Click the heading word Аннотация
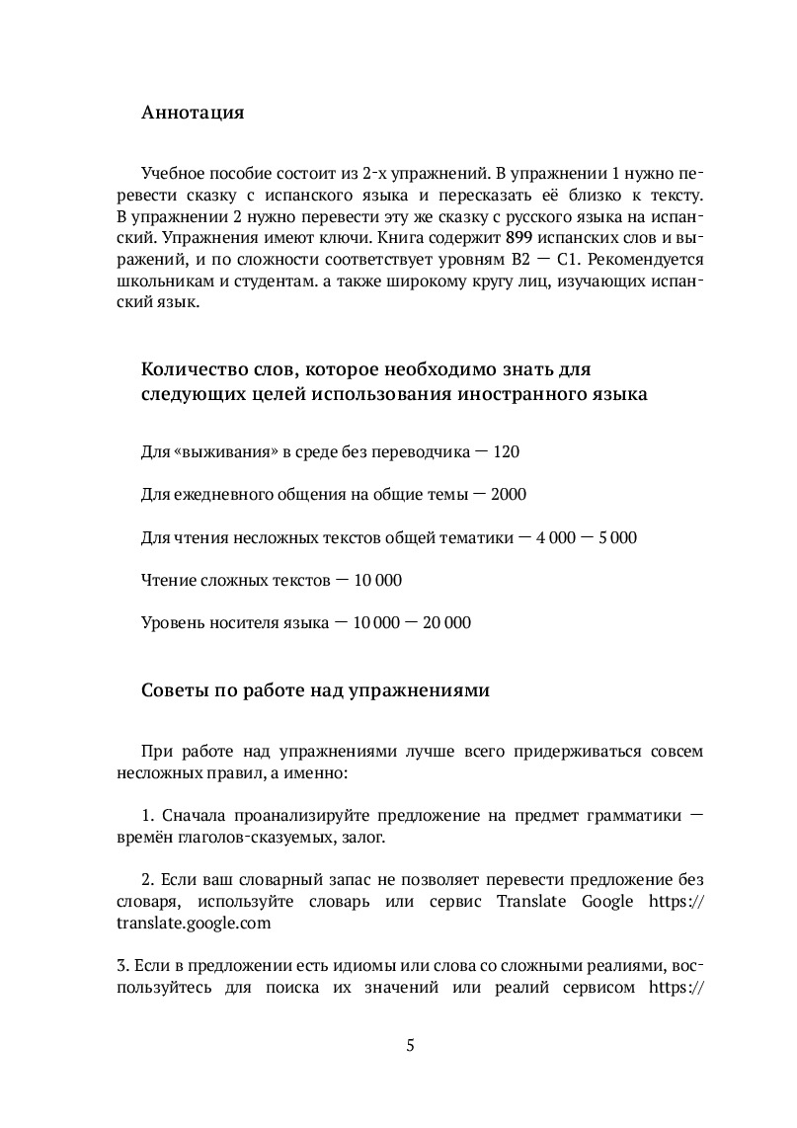(193, 112)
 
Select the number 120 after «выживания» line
(506, 451)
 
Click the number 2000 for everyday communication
(521, 494)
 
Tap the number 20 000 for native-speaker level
(444, 622)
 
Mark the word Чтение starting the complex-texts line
(172, 580)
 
